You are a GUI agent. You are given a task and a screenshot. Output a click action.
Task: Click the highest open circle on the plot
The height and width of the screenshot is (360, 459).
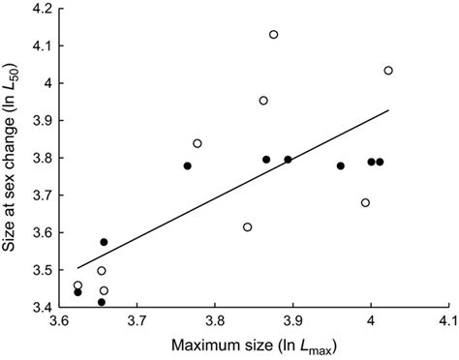pyautogui.click(x=274, y=35)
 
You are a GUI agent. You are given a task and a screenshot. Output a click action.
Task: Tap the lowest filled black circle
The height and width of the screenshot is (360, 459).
pyautogui.click(x=102, y=302)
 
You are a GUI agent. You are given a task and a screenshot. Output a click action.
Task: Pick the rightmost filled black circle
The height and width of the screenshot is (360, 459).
pyautogui.click(x=380, y=162)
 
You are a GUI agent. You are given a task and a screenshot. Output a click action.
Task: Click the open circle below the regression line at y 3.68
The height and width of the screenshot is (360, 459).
pyautogui.click(x=365, y=202)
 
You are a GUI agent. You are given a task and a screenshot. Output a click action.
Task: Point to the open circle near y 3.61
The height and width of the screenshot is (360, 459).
pyautogui.click(x=248, y=226)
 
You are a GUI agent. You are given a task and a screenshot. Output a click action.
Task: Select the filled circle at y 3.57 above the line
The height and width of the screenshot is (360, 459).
pyautogui.click(x=104, y=242)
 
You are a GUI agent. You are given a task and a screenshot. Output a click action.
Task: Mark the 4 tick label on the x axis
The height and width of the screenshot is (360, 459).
pyautogui.click(x=371, y=321)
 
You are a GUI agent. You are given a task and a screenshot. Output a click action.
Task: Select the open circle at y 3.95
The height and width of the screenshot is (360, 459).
pyautogui.click(x=263, y=101)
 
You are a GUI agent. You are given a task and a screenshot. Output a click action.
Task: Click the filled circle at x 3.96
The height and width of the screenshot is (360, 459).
pyautogui.click(x=341, y=165)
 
